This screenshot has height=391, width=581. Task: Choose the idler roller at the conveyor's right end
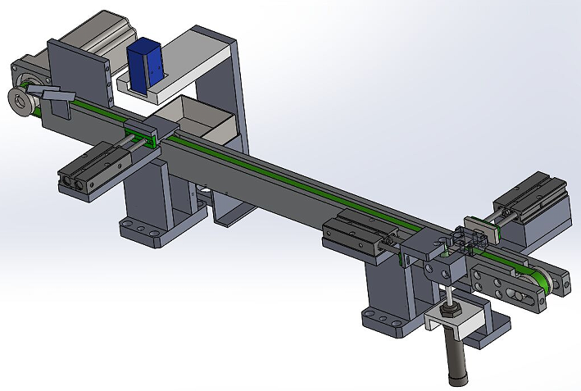click(x=537, y=283)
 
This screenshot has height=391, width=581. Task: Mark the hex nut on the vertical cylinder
click(x=450, y=311)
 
